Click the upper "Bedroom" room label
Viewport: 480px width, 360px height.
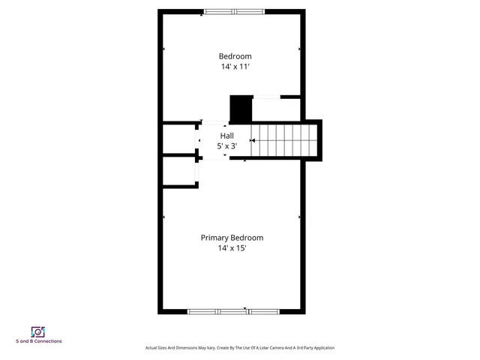pos(235,56)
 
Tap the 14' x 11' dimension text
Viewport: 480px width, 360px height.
pos(235,67)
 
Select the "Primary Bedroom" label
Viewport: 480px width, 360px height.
pos(232,238)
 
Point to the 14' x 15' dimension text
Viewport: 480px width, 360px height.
pos(232,248)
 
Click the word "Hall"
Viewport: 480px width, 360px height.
pos(226,136)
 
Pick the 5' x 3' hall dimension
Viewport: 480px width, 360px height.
pos(226,146)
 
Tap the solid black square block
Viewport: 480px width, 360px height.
pos(241,109)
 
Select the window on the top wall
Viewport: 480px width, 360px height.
pos(234,11)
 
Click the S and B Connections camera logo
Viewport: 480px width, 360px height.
pos(37,331)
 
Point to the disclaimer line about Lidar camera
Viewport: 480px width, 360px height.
pos(239,348)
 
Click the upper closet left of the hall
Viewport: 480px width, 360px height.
pos(178,139)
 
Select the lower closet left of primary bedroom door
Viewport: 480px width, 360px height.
pos(178,172)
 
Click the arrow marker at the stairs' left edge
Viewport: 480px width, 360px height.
pos(252,140)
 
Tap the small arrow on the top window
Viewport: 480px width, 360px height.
pos(202,16)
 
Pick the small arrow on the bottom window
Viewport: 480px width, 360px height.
pos(245,307)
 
